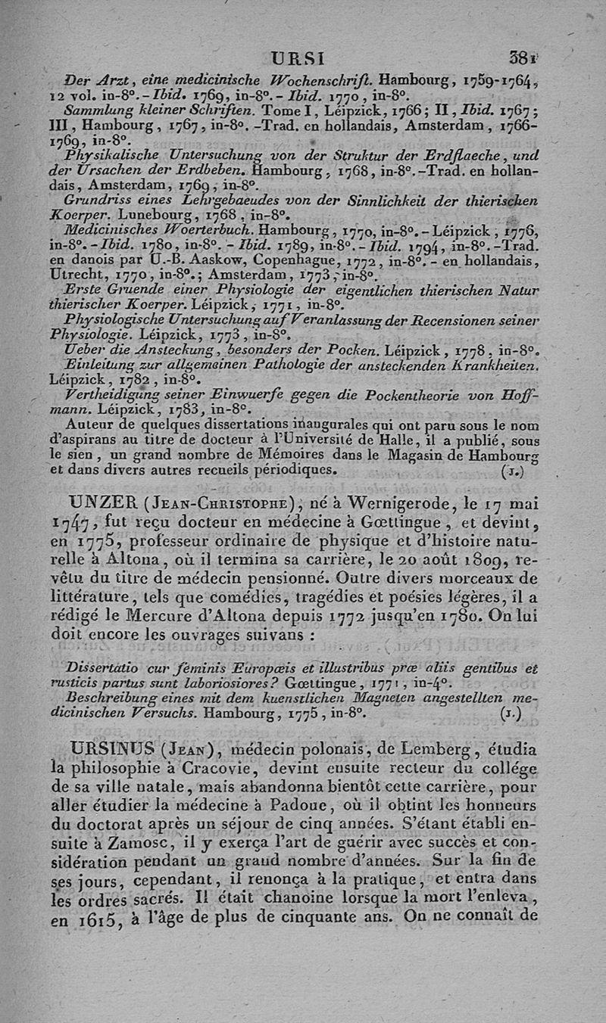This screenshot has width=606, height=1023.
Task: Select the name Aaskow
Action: tap(167, 261)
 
